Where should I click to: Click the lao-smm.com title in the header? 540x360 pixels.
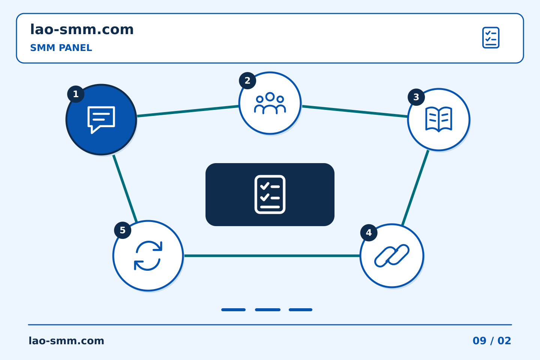pos(82,29)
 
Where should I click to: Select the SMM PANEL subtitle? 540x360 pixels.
pos(61,48)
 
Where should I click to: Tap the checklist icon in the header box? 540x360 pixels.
pos(490,37)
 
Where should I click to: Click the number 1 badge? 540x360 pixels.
pos(76,94)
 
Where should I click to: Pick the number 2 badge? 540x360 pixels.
pos(247,81)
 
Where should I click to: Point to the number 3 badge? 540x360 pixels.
pos(416,97)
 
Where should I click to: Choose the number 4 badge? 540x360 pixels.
pos(369,232)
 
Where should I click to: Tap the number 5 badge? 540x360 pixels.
pos(123,230)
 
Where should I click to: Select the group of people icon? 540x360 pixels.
pos(270,103)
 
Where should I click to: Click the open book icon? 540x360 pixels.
pos(439,119)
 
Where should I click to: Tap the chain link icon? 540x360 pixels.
pos(392,256)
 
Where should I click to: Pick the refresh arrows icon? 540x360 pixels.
pos(148,256)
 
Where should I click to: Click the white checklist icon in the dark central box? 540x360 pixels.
pos(270,195)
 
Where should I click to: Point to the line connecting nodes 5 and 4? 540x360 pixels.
pos(272,256)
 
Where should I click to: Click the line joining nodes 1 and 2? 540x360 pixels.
pos(188,111)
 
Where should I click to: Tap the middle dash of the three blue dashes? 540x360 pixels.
pos(268,310)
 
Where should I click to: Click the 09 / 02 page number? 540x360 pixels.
pos(492,341)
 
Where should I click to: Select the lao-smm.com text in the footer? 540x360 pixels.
pos(66,341)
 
